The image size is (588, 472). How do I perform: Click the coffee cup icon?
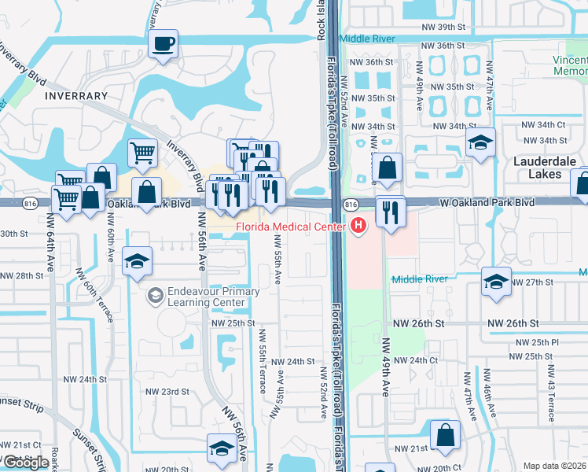click(x=163, y=44)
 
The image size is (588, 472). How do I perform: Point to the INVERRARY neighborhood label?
click(x=76, y=96)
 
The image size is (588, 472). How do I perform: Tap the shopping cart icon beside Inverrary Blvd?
click(x=141, y=152)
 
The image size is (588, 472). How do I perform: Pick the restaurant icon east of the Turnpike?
click(x=389, y=211)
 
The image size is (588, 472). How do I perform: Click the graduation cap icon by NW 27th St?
click(x=496, y=282)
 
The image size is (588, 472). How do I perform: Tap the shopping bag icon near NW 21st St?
click(x=445, y=436)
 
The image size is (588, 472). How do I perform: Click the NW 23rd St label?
click(x=167, y=391)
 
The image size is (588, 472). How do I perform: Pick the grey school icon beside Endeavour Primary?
click(x=155, y=296)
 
